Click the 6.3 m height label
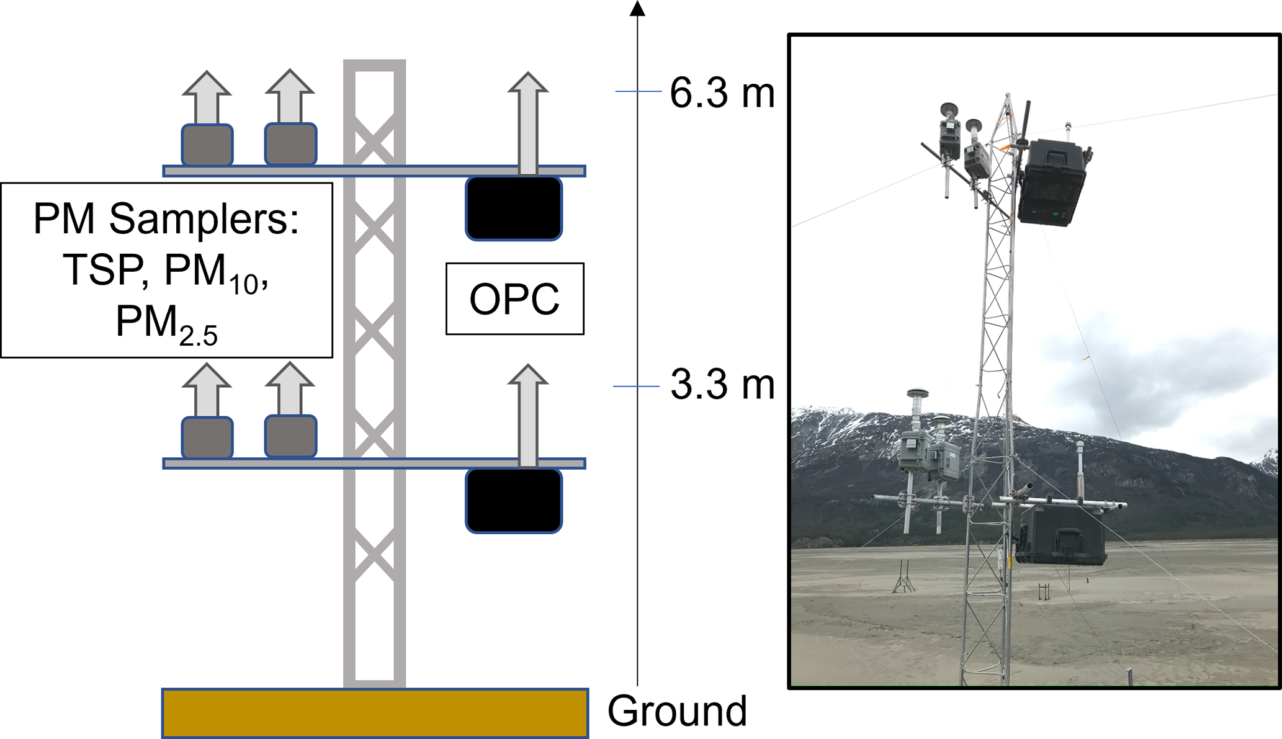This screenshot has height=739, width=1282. [722, 94]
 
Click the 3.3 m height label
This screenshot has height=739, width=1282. [722, 385]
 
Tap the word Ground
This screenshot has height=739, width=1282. [677, 710]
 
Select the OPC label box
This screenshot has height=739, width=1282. [514, 299]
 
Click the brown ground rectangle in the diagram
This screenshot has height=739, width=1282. [375, 713]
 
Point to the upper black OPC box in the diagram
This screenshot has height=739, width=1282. [514, 208]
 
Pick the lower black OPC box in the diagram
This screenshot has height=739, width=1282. [514, 501]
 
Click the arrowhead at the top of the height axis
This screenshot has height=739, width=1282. [637, 8]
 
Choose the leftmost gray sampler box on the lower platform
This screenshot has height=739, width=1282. [207, 437]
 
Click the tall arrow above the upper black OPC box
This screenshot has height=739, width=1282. [527, 122]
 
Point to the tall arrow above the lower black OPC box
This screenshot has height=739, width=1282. [527, 415]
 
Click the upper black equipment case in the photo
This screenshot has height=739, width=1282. [1054, 182]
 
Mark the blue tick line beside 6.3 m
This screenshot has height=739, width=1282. [638, 92]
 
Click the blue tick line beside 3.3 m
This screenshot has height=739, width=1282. [636, 387]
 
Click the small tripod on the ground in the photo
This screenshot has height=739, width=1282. [903, 578]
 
